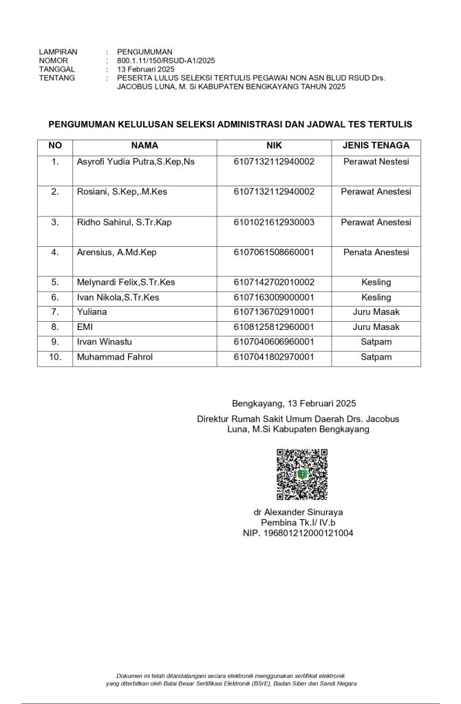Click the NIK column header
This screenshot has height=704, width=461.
(x=274, y=146)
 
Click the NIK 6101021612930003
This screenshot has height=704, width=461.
(x=274, y=222)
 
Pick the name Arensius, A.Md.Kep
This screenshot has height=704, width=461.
(x=117, y=252)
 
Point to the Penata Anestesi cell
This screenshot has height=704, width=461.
(x=376, y=252)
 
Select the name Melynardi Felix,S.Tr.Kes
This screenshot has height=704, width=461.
(x=126, y=282)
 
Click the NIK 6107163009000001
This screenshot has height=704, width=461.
(x=274, y=297)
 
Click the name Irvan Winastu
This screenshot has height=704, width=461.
(x=105, y=342)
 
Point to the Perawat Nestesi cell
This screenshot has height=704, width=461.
(x=376, y=162)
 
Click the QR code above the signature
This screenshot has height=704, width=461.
(x=301, y=474)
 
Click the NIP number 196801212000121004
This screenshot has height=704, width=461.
(x=298, y=533)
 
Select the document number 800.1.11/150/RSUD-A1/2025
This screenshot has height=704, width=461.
(x=167, y=60)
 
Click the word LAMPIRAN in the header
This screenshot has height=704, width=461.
(x=58, y=52)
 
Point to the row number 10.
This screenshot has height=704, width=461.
(x=56, y=357)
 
